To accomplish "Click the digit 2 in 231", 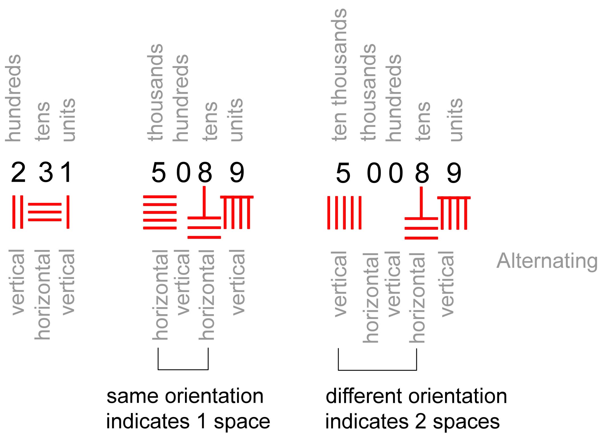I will pos(18,172).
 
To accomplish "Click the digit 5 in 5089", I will pos(159,172).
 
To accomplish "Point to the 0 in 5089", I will pos(183,172).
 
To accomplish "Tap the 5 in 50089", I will pos(343,173).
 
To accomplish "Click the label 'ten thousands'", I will pos(339,74).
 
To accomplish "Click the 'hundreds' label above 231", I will pos(13,98).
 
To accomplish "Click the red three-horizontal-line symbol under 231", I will pos(45,212).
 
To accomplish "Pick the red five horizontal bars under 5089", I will pos(160,212).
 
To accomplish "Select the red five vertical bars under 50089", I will pos(344,212).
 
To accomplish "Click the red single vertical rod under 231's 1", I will pos(68,212).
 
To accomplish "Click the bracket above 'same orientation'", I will pos(183,369).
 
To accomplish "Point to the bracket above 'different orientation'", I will pos(377,370).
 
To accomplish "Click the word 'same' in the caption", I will pos(132,396).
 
